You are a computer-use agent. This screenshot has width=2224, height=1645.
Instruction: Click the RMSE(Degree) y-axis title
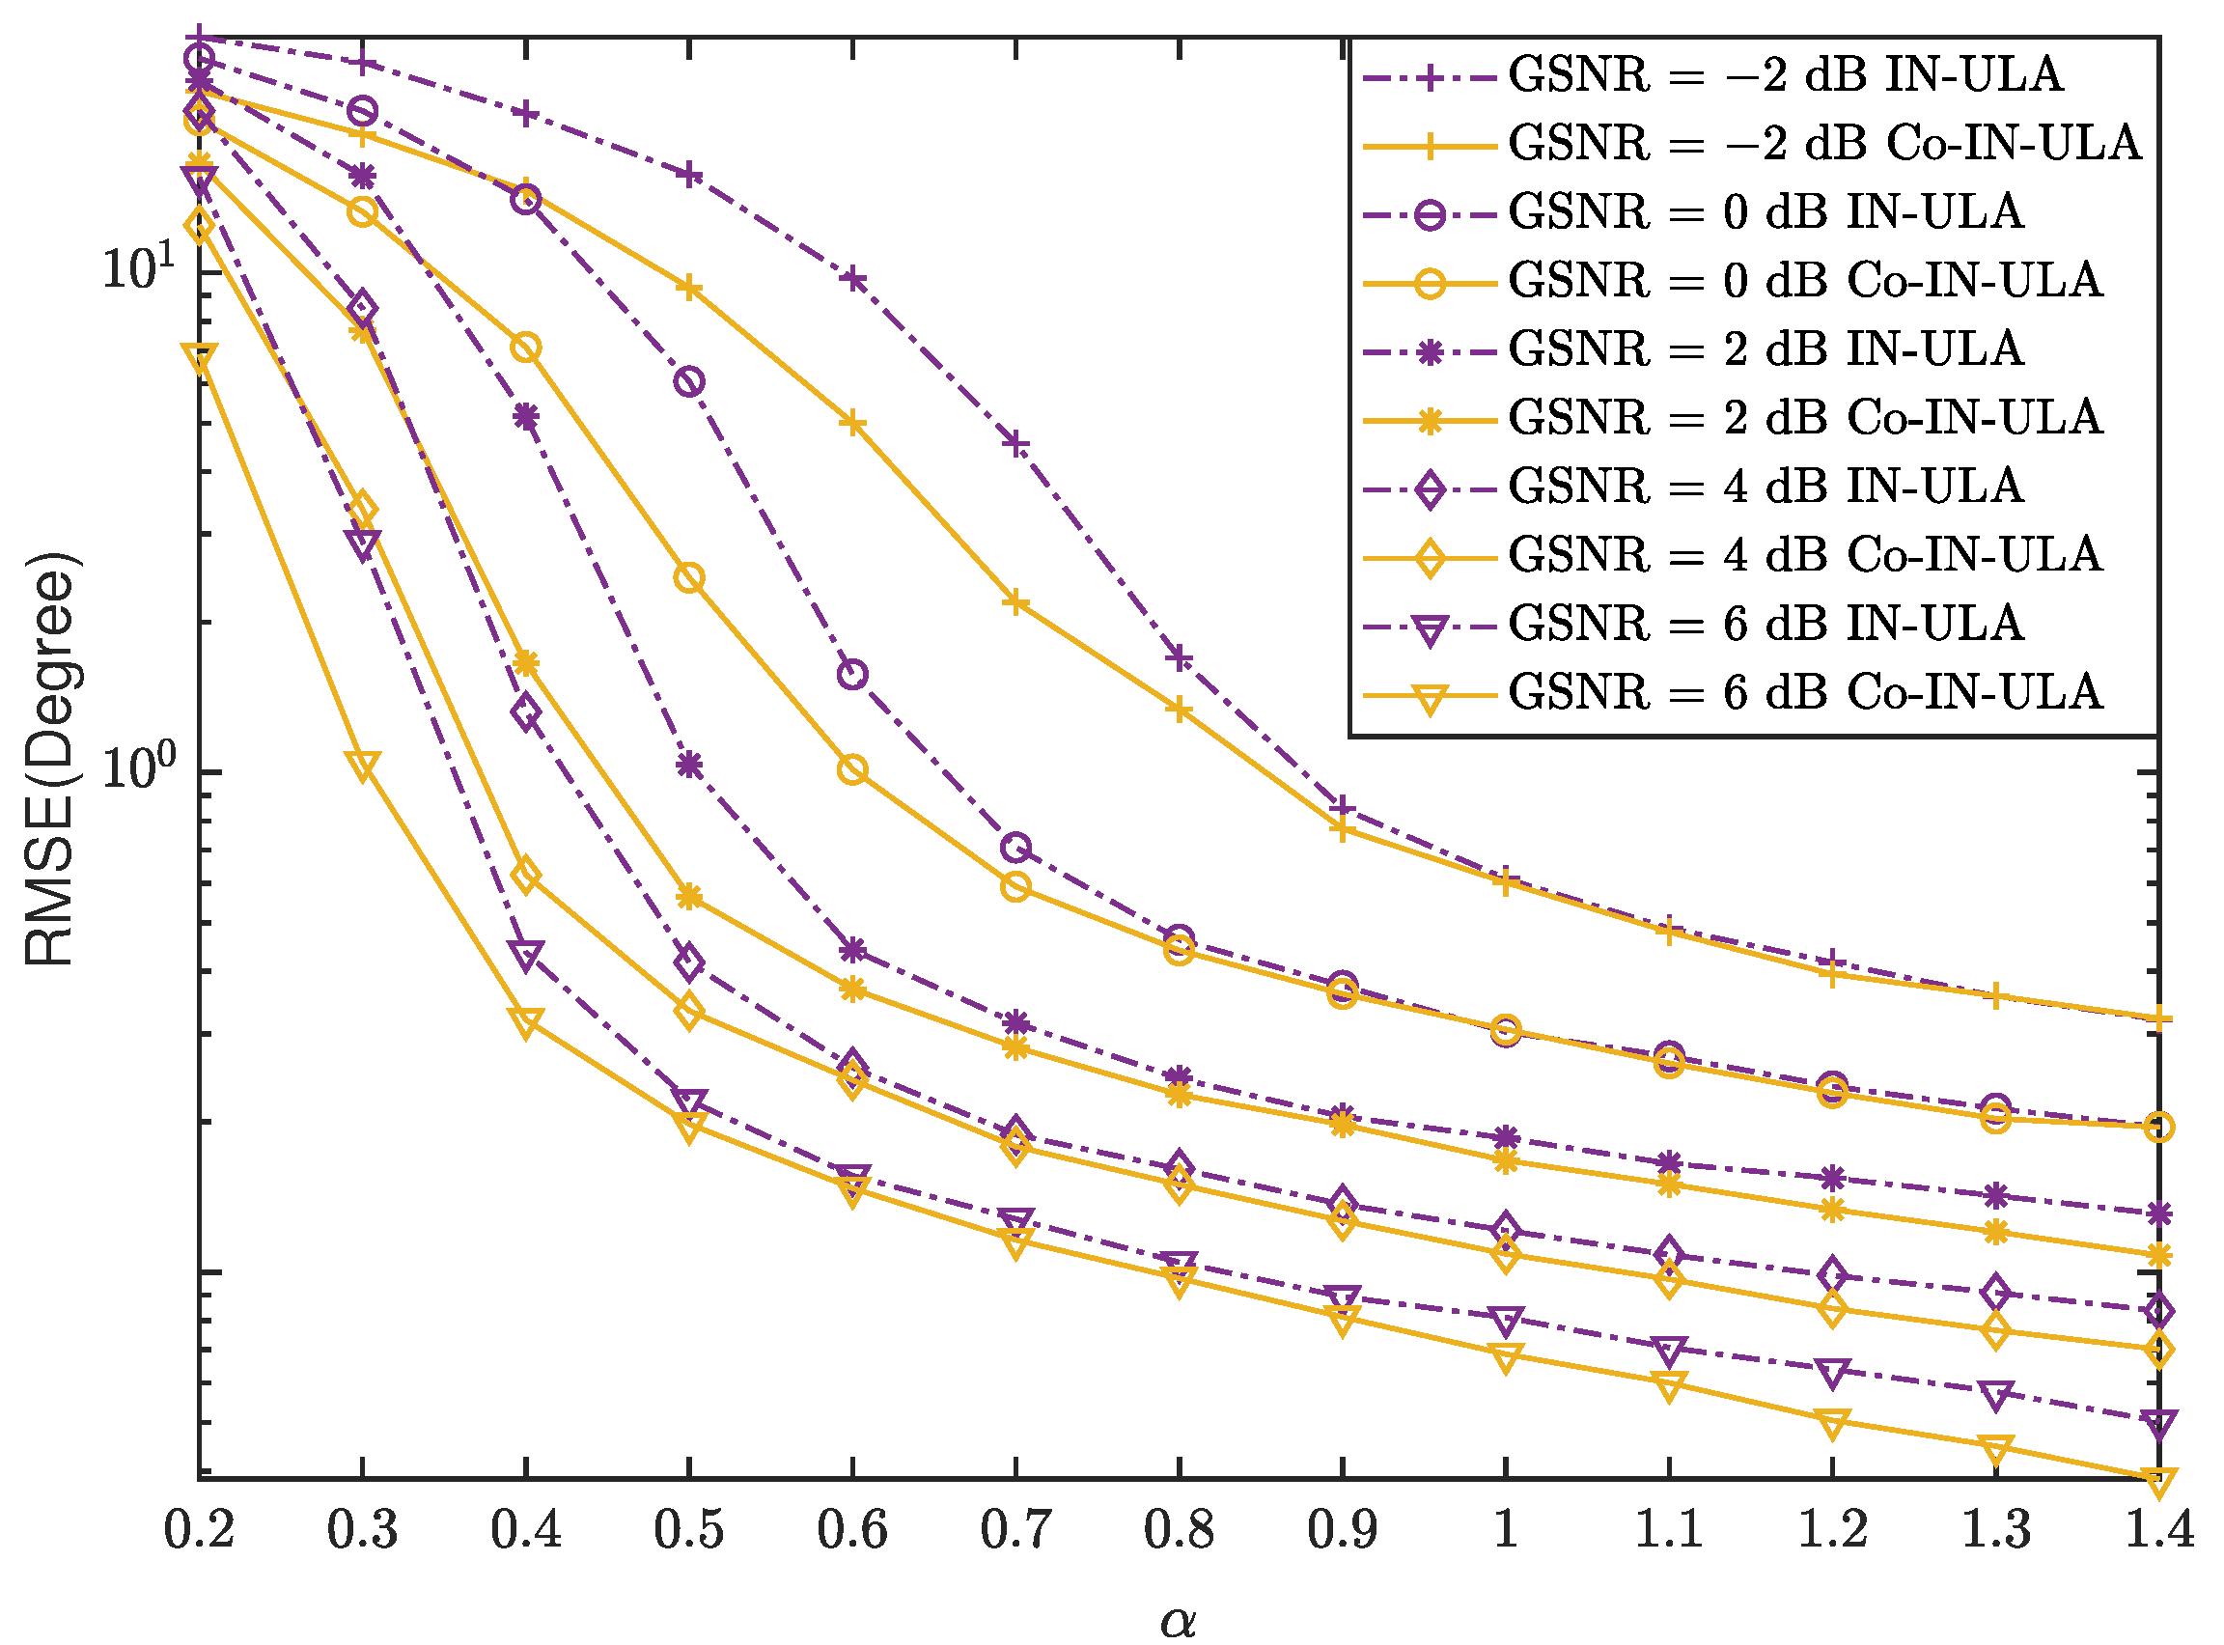[50, 759]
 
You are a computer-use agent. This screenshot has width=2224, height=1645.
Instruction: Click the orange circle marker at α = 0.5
[689, 578]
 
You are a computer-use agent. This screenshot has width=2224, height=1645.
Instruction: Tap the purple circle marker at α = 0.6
[852, 675]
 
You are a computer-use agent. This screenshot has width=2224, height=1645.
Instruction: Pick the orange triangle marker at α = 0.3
[362, 766]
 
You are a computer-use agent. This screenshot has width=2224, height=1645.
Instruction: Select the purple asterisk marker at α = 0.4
[526, 416]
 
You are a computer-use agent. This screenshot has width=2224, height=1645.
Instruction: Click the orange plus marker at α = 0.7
[1015, 602]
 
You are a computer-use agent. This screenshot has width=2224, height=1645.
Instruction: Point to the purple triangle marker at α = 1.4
[2158, 1423]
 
